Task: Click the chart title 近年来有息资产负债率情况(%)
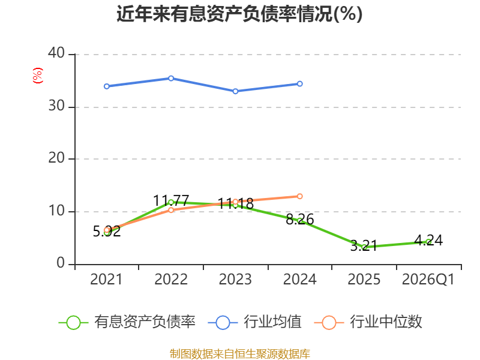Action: (239, 14)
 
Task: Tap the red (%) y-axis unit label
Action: (38, 76)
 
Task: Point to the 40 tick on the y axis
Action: (56, 53)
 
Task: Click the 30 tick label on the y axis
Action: (56, 106)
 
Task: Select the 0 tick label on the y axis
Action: (61, 263)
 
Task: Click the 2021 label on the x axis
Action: (106, 280)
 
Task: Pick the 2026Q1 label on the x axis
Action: (428, 280)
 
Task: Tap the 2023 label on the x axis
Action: (235, 280)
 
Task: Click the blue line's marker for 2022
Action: (171, 79)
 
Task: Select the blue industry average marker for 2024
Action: (299, 83)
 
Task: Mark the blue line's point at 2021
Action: (107, 86)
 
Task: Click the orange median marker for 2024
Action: (299, 196)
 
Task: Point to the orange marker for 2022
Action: (171, 209)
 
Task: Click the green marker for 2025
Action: (364, 247)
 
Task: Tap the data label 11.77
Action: (171, 201)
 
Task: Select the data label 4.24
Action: (428, 241)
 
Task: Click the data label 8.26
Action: (299, 219)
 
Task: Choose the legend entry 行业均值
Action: (254, 322)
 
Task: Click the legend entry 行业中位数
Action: (368, 322)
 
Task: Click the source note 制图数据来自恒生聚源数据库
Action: (239, 354)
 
